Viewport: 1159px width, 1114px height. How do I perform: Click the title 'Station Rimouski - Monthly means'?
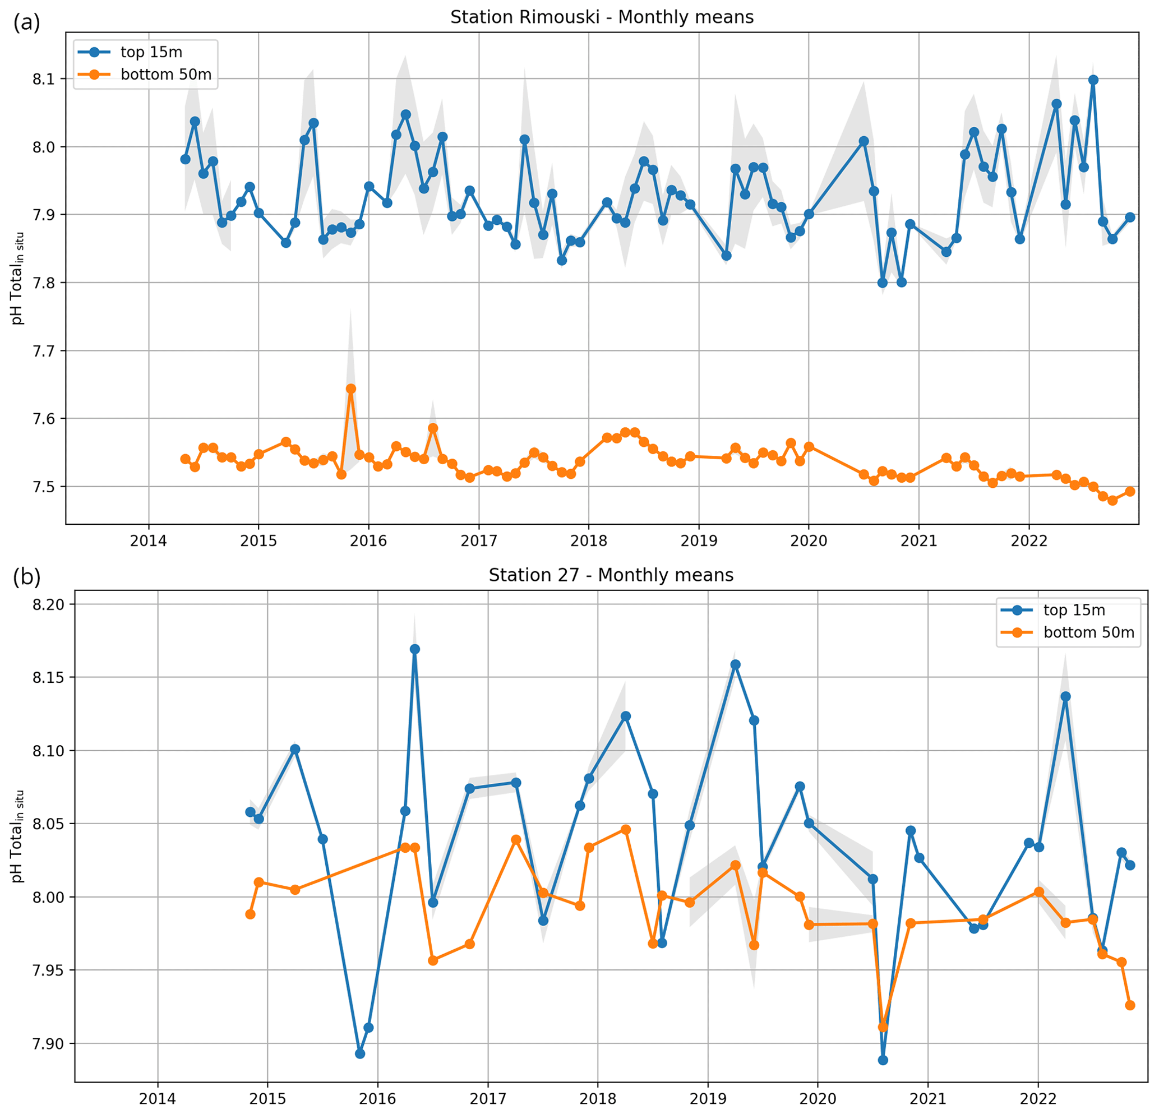click(x=602, y=17)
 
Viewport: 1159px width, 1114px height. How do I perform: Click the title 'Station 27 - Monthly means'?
click(x=611, y=575)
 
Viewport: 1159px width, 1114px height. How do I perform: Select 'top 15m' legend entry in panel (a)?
click(x=151, y=52)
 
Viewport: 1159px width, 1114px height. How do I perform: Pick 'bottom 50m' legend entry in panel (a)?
click(x=165, y=75)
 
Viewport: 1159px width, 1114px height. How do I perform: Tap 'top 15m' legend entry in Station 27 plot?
click(x=1074, y=610)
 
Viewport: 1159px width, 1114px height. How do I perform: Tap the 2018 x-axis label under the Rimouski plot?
click(x=588, y=541)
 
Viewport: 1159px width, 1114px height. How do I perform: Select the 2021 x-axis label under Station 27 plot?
click(x=928, y=1099)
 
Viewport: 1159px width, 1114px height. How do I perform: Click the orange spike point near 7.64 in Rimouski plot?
click(x=350, y=389)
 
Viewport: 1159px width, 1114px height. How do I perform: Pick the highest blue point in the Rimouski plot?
click(x=1093, y=80)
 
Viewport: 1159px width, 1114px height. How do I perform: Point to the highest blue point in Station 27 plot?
click(x=414, y=649)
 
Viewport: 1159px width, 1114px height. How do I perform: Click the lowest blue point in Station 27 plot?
click(x=883, y=1060)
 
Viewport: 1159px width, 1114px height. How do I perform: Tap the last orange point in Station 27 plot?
click(x=1130, y=1005)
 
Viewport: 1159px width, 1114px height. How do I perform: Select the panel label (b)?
click(x=26, y=577)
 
